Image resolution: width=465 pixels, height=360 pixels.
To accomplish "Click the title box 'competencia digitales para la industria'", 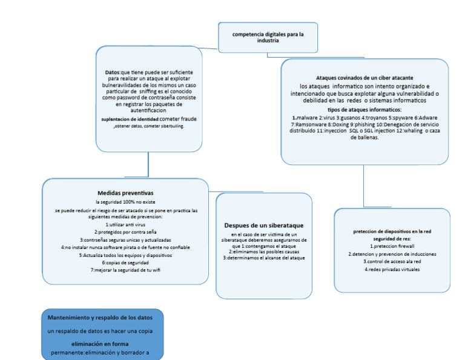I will [268, 38].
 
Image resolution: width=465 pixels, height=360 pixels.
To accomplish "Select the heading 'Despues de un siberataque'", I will [263, 225].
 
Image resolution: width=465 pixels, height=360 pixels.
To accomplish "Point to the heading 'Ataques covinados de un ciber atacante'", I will [364, 78].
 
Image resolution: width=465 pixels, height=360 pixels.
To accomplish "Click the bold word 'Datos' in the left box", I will [113, 72].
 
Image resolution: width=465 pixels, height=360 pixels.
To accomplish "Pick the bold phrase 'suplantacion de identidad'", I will [130, 119].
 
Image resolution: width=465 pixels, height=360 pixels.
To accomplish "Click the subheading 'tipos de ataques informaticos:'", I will [364, 110].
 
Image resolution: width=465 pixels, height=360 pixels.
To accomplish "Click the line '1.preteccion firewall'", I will [392, 247].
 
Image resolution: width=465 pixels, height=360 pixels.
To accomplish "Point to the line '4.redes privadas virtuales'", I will [392, 268].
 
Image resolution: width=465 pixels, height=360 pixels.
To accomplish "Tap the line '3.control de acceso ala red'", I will [392, 261].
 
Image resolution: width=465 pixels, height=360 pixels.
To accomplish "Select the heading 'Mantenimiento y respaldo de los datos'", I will [101, 318].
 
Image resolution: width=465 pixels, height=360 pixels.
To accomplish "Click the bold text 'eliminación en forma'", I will [101, 344].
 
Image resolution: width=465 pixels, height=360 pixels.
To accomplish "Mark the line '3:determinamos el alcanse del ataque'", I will [263, 258].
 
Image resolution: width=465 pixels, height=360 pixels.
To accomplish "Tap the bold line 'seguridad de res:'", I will [392, 239].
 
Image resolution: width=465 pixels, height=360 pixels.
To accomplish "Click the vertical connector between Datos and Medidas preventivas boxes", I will [148, 165].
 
